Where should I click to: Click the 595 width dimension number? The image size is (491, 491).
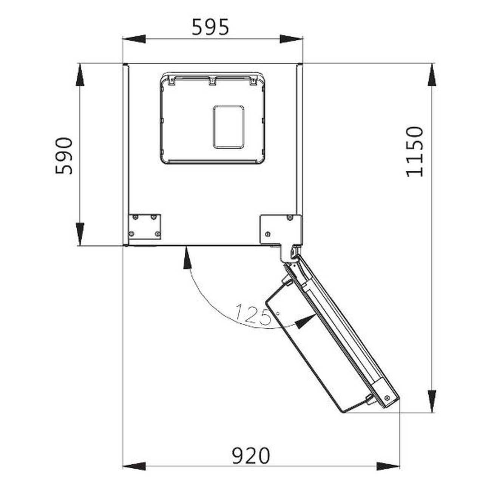tap(210, 27)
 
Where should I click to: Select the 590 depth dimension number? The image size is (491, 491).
tap(64, 156)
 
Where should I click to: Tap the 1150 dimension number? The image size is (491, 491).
tap(414, 151)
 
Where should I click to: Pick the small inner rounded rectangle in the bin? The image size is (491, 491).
tap(229, 127)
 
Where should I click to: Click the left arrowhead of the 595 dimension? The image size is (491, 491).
tap(134, 39)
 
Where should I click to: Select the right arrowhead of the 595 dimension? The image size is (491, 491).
tap(291, 39)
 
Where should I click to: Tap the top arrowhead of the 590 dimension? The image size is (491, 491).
tap(80, 75)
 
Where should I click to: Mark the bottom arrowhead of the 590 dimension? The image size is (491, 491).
tap(80, 234)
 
